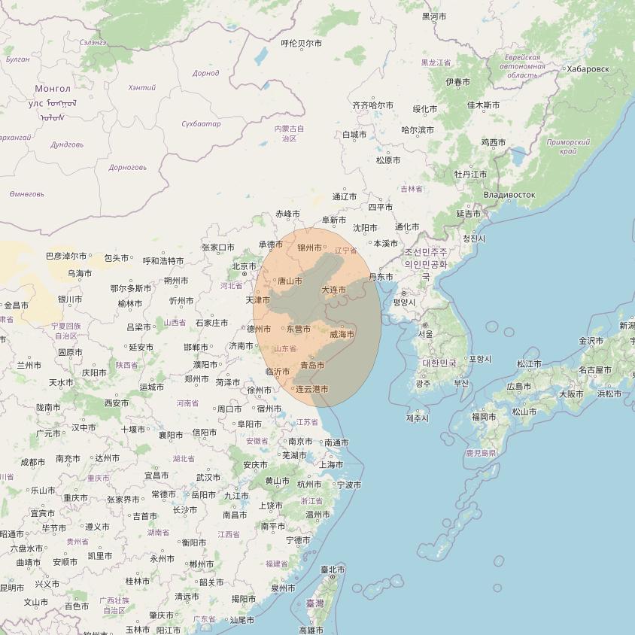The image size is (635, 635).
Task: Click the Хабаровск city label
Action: point(588,69)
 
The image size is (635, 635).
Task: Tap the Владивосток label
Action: point(509,195)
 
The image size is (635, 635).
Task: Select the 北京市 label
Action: point(245,266)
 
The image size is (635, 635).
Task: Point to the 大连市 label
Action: point(333,290)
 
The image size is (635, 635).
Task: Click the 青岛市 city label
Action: point(312,365)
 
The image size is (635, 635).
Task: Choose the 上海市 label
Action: point(331,465)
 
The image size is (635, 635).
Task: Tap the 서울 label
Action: point(425,334)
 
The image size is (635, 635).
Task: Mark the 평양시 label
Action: point(405,302)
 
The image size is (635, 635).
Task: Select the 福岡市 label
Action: point(484,417)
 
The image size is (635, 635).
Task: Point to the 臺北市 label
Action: point(333,570)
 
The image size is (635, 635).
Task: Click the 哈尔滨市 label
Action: point(418,130)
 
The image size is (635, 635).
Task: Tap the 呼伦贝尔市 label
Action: point(301,44)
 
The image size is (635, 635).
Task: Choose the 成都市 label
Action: point(33,462)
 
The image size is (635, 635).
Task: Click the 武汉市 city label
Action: point(208,477)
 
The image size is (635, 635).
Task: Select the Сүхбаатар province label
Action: point(201,123)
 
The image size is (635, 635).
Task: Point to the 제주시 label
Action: point(417,418)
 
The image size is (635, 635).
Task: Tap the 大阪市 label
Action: point(571,393)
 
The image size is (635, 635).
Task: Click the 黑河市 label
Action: point(434,17)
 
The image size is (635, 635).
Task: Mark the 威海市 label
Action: point(342,334)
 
